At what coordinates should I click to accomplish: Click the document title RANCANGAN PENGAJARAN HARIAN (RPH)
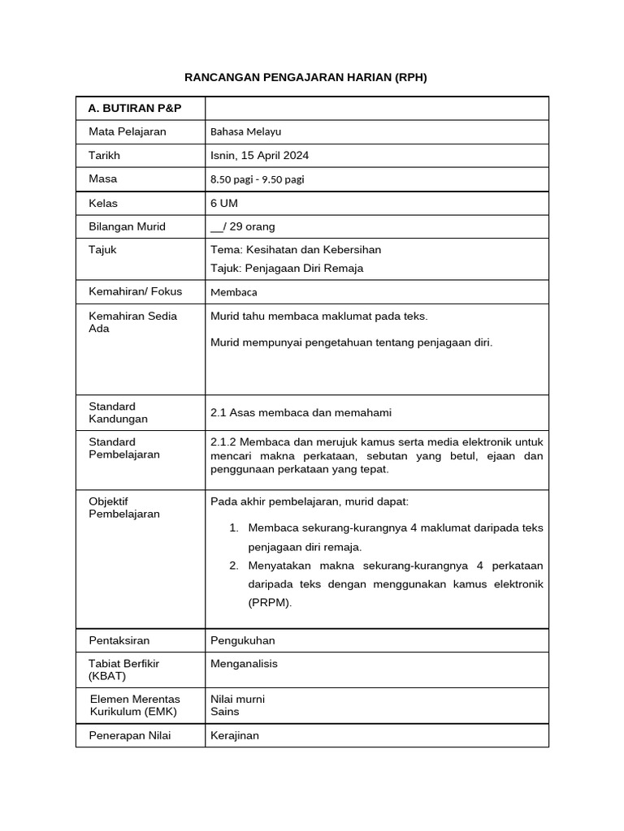coord(305,77)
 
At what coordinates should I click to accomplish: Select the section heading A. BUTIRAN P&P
coord(134,108)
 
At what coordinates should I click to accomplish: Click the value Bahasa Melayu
coord(245,131)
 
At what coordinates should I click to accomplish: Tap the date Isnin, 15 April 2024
coord(259,155)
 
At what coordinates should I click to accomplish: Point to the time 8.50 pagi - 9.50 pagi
coord(257,179)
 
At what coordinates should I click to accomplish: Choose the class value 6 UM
coord(224,203)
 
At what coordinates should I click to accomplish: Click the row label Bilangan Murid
coord(127,226)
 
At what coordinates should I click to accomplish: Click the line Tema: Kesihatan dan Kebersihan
coord(295,249)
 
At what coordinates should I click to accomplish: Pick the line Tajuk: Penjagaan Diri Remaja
coord(286,268)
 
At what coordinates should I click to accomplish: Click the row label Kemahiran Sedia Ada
coord(132,322)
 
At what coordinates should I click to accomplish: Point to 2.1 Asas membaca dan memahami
coord(301,412)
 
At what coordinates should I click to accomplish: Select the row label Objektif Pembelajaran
coord(124,507)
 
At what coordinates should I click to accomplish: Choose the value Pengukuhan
coord(242,640)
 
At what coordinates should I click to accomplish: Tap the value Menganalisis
coord(244,663)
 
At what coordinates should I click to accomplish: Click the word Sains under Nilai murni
coord(224,712)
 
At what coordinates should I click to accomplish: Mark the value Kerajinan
coord(234,735)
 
